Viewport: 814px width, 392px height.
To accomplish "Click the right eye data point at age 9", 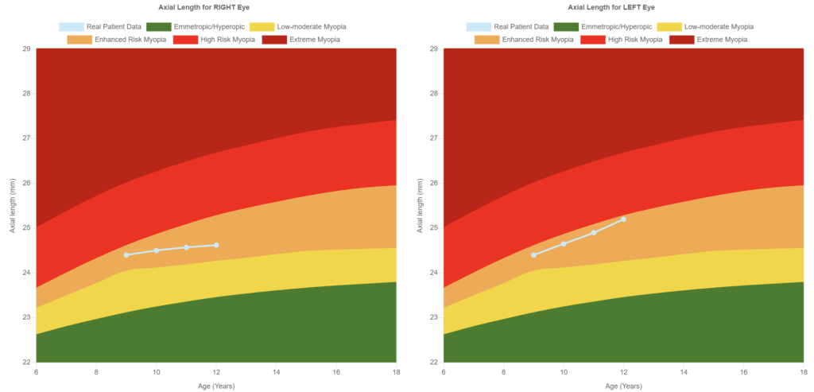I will (126, 254).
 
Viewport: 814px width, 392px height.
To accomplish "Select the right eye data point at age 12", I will (216, 245).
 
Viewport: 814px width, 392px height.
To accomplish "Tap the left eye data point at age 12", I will (623, 219).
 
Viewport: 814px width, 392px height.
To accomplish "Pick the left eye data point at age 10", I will (564, 243).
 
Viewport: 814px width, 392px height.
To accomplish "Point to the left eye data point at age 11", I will (594, 232).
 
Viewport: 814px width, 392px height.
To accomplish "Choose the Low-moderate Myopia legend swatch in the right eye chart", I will (262, 26).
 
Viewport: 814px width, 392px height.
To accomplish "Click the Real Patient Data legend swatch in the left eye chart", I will (479, 26).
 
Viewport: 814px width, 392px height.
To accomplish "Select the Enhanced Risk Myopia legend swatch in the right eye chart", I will (79, 39).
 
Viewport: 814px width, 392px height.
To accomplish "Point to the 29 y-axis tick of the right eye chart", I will (26, 49).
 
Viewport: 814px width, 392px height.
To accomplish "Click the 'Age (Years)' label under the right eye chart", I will (216, 386).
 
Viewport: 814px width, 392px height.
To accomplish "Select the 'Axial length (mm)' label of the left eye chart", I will (419, 205).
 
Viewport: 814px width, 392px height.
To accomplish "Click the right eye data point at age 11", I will (186, 247).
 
